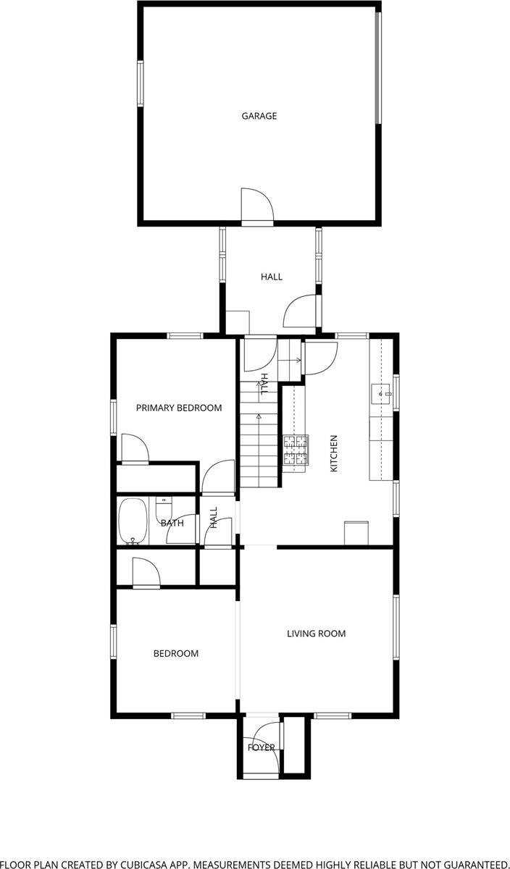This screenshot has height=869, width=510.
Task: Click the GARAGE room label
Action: pos(259,116)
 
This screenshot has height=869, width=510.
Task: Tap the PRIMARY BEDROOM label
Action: pos(179,408)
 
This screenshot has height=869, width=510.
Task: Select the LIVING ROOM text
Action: pos(316,634)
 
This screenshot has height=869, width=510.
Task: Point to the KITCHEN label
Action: pos(334,454)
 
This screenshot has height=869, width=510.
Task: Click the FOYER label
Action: pos(262,747)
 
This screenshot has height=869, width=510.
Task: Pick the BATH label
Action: pos(172,523)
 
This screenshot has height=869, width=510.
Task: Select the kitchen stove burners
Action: pos(296,449)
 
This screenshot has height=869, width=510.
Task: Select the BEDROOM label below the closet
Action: pos(175,654)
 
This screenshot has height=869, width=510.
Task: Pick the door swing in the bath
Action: pos(180,531)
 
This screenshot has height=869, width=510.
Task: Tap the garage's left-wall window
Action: pos(141,83)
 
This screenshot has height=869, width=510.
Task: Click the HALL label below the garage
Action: pos(272,277)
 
